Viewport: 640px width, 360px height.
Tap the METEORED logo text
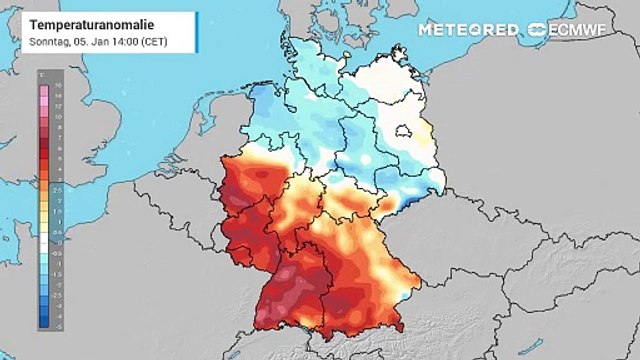[469, 30]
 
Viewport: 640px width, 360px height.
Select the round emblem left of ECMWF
[538, 30]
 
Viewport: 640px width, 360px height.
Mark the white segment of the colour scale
[43, 240]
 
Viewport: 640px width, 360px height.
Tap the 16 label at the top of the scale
[57, 86]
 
